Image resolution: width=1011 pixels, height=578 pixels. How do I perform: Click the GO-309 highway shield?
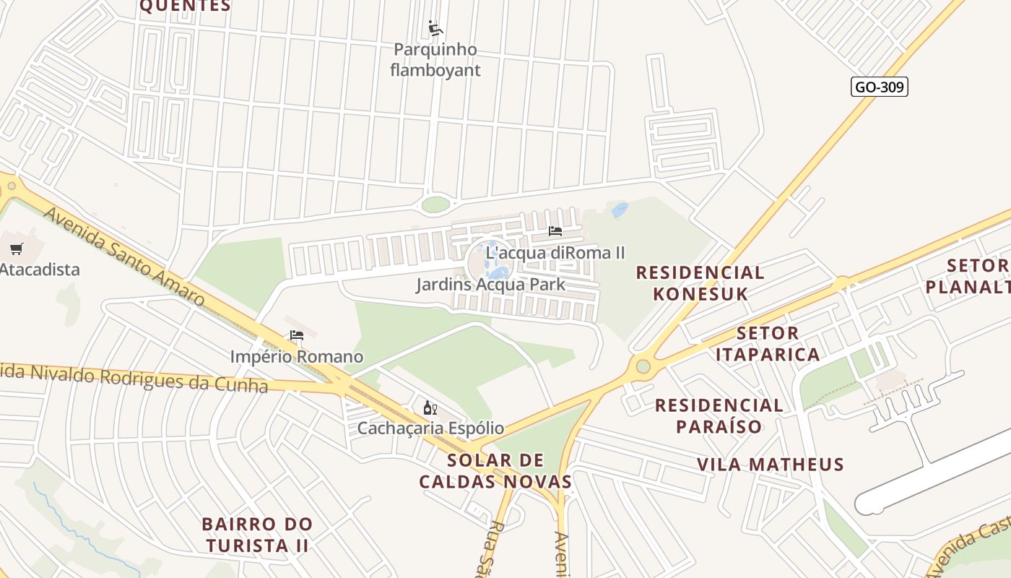pos(878,87)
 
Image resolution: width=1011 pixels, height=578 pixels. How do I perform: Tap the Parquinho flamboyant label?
pos(435,60)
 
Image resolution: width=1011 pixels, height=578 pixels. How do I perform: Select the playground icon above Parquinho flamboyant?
pos(435,28)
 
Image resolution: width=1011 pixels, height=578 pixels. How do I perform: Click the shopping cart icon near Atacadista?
pos(17,249)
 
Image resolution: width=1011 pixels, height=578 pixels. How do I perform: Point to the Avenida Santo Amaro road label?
pos(123,256)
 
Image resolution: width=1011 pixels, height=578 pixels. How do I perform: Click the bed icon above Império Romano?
pos(296,335)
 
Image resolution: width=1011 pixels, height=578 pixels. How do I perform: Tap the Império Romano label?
pos(297,357)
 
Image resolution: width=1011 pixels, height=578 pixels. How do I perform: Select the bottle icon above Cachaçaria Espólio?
pos(430,408)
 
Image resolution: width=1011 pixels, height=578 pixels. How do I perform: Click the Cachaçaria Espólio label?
pos(430,428)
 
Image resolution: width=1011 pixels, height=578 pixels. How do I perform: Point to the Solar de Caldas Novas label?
pos(495,471)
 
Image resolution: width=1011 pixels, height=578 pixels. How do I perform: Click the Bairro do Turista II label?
pos(257,535)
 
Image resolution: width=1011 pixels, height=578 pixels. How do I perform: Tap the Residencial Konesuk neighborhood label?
pos(700,283)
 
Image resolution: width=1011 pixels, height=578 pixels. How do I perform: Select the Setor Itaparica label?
pos(768,344)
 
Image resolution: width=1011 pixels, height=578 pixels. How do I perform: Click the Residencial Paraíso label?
pos(719,415)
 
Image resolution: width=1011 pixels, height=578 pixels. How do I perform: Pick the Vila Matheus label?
pos(770,465)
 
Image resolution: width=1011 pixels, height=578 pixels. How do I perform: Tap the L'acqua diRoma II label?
pos(555,253)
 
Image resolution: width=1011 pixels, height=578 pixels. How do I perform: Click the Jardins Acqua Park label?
pos(490,285)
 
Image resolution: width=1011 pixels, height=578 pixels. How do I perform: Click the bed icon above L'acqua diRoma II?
pos(555,231)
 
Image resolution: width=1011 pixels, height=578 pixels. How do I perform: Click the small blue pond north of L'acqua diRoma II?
pos(620,210)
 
